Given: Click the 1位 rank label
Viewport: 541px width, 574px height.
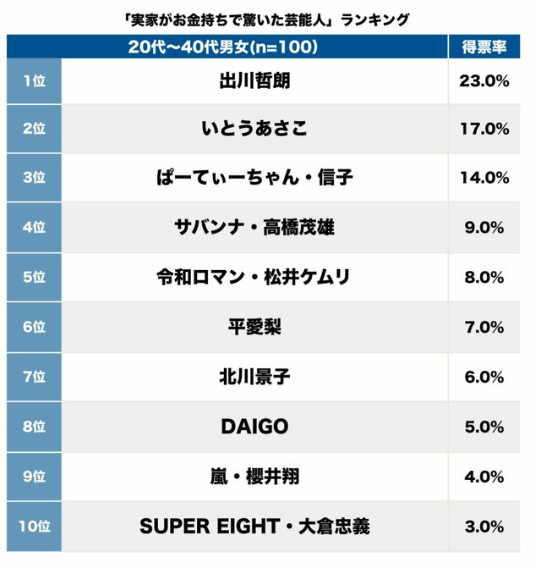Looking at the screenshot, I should pos(34,81).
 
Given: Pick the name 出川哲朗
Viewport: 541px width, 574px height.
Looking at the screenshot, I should pos(254,81).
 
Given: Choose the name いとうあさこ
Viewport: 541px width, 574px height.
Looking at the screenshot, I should pos(254,129).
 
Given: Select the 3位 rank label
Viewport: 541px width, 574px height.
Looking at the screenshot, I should pos(34,178).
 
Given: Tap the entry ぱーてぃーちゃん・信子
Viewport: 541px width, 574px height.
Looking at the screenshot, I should pos(254,178).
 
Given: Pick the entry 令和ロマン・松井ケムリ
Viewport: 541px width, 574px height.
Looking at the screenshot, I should pos(254,277).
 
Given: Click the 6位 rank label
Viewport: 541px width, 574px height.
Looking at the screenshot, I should pos(34,327).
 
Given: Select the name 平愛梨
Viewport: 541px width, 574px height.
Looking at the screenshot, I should pos(254,327).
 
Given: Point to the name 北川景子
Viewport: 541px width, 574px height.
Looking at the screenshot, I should pos(254,377).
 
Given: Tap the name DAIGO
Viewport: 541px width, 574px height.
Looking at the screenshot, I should pos(254,427).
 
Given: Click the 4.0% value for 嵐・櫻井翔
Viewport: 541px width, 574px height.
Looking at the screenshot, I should pos(485,477).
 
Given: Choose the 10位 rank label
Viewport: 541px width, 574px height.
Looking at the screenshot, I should pos(34,526).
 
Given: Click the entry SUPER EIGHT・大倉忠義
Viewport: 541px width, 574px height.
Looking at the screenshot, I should pos(254,526).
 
